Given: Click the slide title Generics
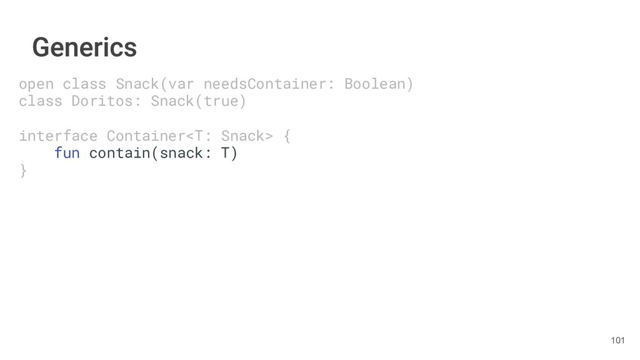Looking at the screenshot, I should coord(84,47).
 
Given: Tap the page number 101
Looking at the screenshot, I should coord(617,340).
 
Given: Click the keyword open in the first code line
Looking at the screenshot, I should coord(36,84).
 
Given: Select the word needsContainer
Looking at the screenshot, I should coord(266,84).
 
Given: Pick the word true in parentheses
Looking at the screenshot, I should coord(221,101).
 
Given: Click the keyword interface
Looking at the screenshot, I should coord(58,136).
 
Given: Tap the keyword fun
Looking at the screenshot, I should coord(67,153).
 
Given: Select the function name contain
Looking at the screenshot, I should coord(120,153).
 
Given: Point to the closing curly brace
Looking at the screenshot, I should coord(23,171).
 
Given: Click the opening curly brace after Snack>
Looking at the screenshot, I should coord(287,136).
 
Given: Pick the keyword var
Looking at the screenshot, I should coord(177,84).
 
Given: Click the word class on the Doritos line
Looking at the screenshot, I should coord(41,101).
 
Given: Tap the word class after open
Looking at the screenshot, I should coord(84,84).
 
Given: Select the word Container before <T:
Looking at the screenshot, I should coord(146,136).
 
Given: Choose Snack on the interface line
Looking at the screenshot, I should coord(243,136).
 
